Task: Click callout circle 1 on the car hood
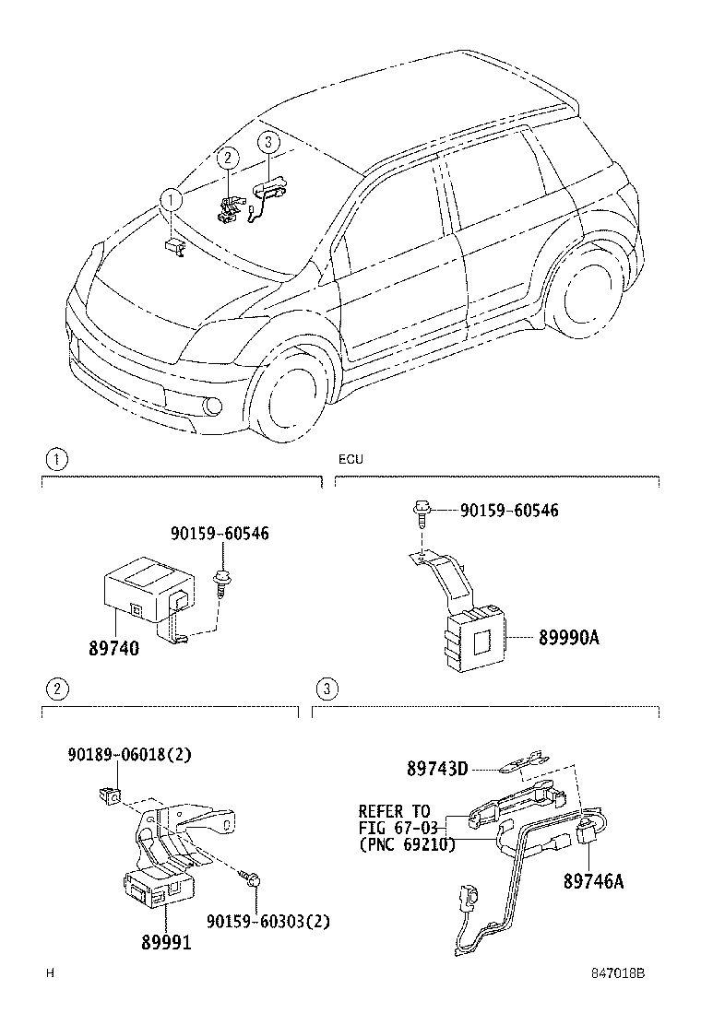[x=170, y=198]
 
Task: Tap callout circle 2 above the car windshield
[x=226, y=158]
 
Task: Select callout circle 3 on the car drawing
[x=267, y=142]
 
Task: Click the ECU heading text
[x=350, y=458]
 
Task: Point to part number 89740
[x=113, y=649]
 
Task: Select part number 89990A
[x=569, y=636]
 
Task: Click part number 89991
[x=167, y=942]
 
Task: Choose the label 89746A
[x=594, y=882]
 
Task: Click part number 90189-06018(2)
[x=129, y=754]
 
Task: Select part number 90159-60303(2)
[x=268, y=921]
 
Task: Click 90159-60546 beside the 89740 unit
[x=220, y=534]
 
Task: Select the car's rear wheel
[x=581, y=301]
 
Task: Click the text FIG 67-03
[x=396, y=828]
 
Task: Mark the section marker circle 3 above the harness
[x=325, y=689]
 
